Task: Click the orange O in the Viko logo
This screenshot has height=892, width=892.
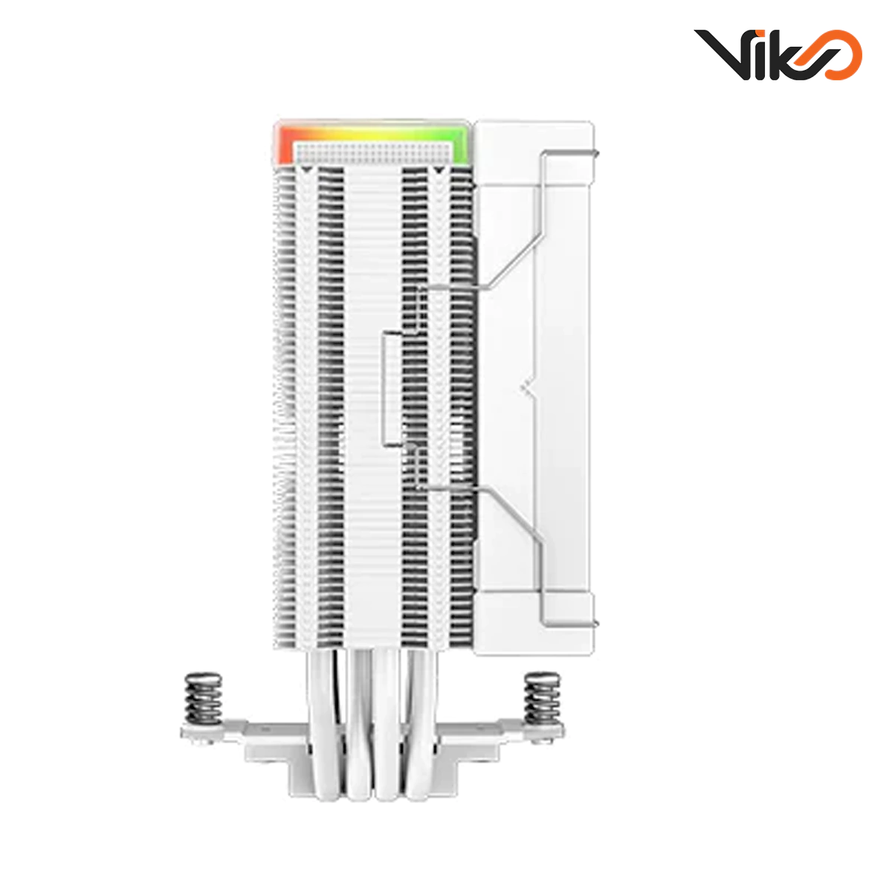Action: click(838, 55)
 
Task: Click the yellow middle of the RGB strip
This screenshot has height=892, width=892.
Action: click(372, 129)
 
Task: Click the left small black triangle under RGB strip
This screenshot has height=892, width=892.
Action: click(305, 171)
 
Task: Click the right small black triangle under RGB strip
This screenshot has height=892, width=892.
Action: click(439, 171)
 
